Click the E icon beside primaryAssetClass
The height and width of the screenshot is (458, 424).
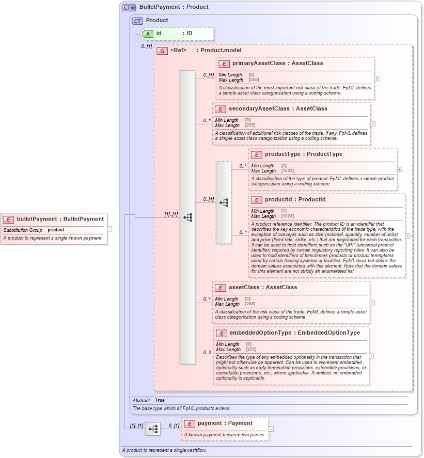pyautogui.click(x=224, y=64)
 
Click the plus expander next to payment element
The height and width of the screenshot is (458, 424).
pyautogui.click(x=271, y=429)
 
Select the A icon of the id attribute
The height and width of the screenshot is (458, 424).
pyautogui.click(x=148, y=34)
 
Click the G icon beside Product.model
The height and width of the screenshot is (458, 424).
pyautogui.click(x=162, y=51)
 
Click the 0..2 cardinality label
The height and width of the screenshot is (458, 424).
pyautogui.click(x=207, y=353)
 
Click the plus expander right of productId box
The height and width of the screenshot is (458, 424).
pyautogui.click(x=408, y=235)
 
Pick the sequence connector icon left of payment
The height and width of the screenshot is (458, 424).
pyautogui.click(x=153, y=429)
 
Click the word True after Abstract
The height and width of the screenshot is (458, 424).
pyautogui.click(x=160, y=400)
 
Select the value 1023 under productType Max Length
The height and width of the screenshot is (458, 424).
pyautogui.click(x=287, y=171)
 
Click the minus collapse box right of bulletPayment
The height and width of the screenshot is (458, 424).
pyautogui.click(x=109, y=228)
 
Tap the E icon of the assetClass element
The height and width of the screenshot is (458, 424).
pyautogui.click(x=220, y=288)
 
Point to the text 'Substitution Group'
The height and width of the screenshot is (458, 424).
pyautogui.click(x=23, y=230)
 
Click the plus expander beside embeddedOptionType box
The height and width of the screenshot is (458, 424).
pyautogui.click(x=371, y=356)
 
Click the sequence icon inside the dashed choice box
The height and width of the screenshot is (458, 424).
pyautogui.click(x=224, y=202)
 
